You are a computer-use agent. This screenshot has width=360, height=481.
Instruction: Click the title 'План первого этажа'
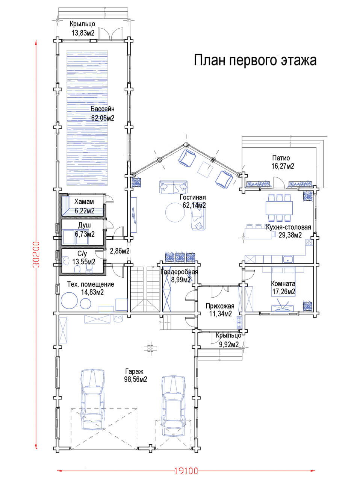255,60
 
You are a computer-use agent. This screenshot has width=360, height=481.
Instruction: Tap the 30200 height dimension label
36,254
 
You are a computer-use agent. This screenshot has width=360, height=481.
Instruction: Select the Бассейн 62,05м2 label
103,113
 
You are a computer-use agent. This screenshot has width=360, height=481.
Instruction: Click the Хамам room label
84,201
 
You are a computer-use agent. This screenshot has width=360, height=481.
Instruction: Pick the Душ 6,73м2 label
85,230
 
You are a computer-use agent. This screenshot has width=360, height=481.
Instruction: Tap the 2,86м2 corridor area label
119,251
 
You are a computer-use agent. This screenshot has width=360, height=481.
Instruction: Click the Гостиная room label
193,197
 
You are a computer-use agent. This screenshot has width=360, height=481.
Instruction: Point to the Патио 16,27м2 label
283,162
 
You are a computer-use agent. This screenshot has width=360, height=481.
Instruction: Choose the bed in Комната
283,281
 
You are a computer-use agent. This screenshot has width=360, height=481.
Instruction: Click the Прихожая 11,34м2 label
220,310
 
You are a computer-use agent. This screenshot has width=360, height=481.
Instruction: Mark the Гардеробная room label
179,272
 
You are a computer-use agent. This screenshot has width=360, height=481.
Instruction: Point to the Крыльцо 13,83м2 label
83,28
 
